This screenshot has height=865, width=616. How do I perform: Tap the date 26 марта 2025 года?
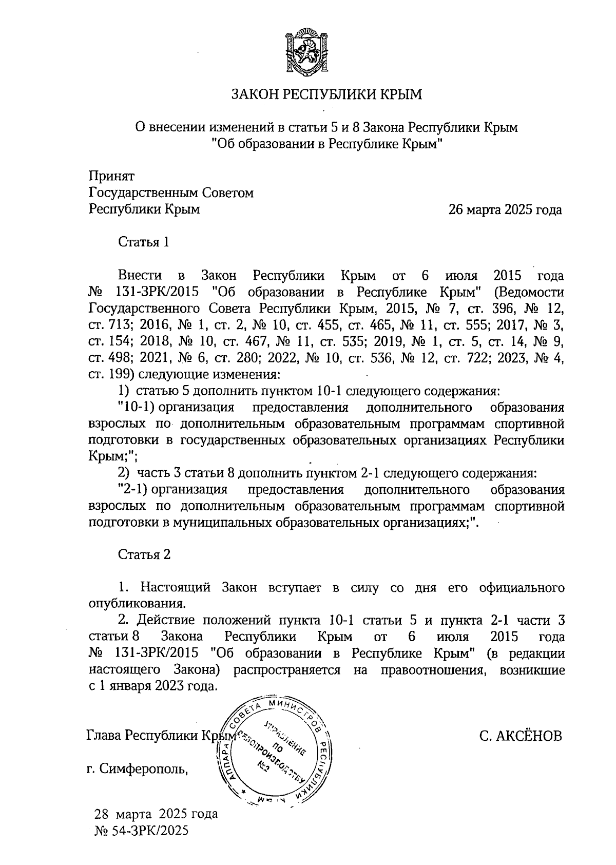pyautogui.click(x=505, y=210)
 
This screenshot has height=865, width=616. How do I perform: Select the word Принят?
pyautogui.click(x=111, y=177)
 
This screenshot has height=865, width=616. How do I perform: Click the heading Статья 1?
pyautogui.click(x=144, y=242)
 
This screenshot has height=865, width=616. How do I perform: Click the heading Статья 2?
pyautogui.click(x=144, y=554)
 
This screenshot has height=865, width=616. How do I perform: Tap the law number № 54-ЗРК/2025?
pyautogui.click(x=142, y=830)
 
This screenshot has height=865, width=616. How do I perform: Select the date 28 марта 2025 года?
pyautogui.click(x=156, y=814)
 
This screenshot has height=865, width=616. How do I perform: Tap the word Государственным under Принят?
pyautogui.click(x=143, y=193)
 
